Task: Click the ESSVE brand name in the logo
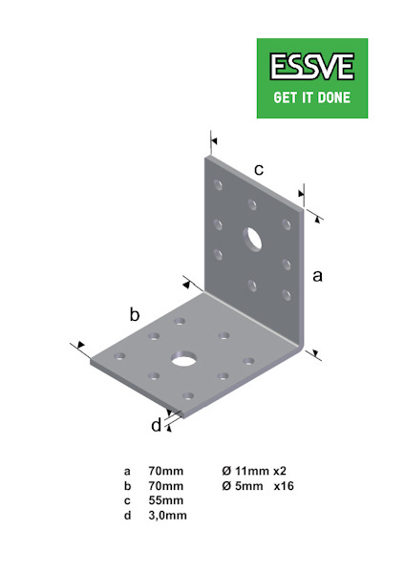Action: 311,67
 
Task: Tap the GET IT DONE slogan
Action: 311,97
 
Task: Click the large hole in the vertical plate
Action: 252,240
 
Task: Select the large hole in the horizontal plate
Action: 183,359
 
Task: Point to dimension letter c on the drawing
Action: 259,170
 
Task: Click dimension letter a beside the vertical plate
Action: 318,276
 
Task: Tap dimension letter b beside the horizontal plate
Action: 135,314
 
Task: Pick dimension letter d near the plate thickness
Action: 156,425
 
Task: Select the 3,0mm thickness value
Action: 167,516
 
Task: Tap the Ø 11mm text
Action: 245,471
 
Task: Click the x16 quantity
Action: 284,486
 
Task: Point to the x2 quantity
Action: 280,471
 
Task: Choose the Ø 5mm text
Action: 242,486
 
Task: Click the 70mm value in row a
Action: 166,471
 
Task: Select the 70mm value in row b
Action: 166,486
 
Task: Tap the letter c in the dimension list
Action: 127,501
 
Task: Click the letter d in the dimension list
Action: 127,516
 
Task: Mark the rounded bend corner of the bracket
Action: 301,347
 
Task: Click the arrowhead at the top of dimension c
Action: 214,140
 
